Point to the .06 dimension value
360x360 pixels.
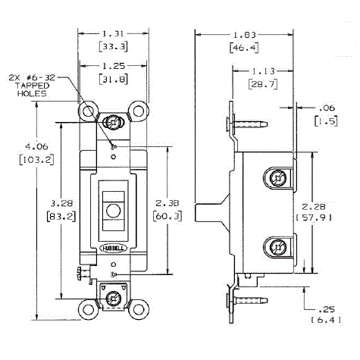(x=327, y=108)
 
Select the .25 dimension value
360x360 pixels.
(x=327, y=309)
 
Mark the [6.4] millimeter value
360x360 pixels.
(x=327, y=322)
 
